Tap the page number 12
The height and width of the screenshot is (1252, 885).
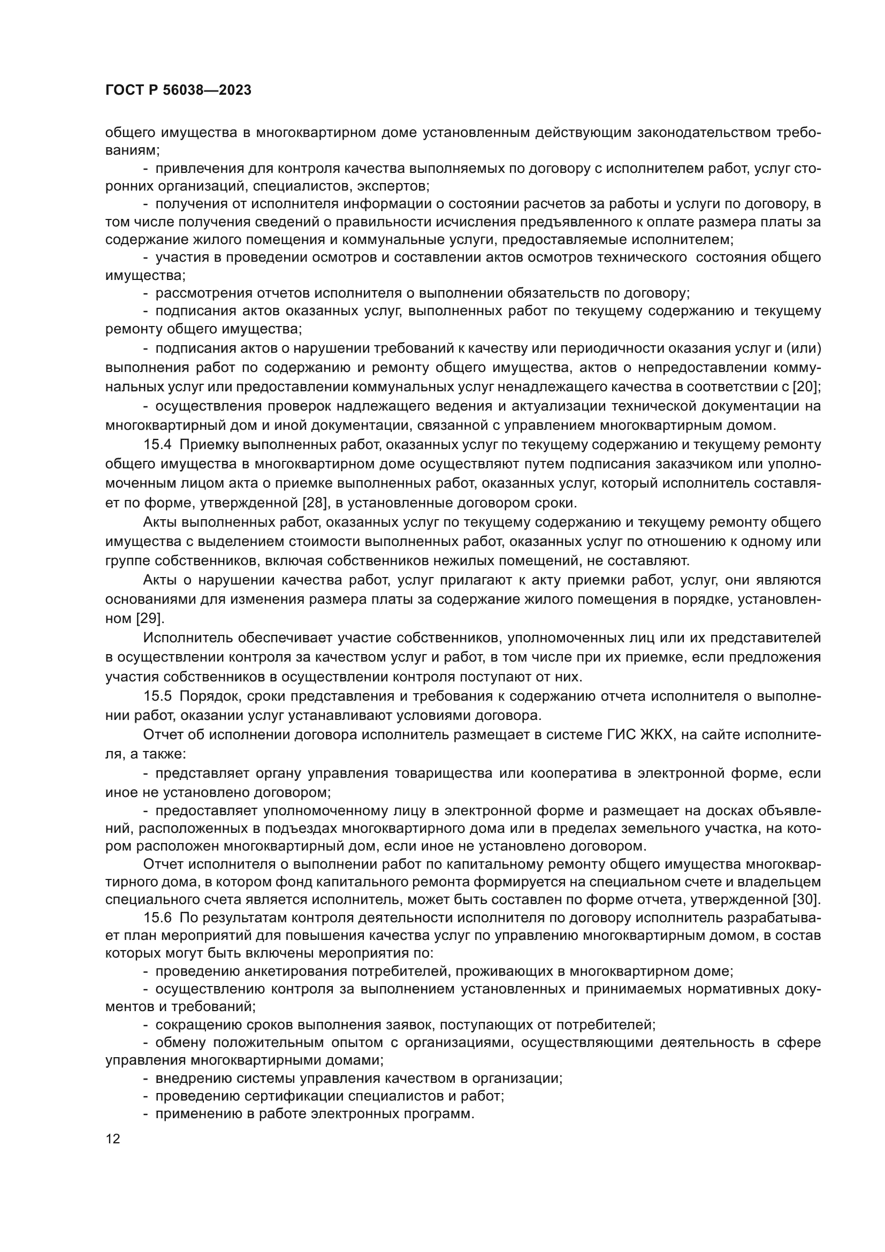pos(113,1139)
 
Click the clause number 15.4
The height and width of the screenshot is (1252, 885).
pos(157,445)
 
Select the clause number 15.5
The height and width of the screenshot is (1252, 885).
pos(157,696)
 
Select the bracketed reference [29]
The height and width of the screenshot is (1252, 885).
pos(149,618)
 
